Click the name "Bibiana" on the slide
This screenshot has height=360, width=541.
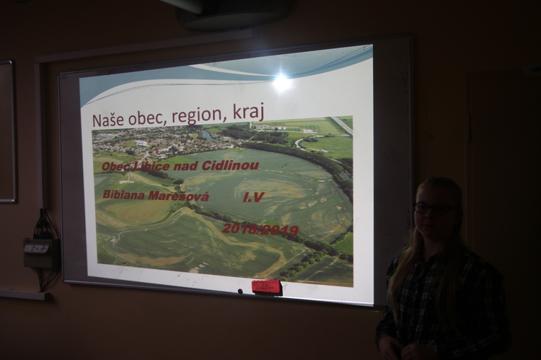[123, 195]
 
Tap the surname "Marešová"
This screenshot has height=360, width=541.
[178, 196]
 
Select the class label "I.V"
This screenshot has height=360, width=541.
[253, 198]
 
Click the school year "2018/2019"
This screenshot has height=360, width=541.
[260, 229]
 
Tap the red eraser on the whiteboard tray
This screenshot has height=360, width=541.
[267, 287]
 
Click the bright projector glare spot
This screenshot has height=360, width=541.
[281, 82]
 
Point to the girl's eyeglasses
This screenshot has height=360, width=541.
[434, 208]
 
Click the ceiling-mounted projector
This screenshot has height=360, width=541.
[234, 14]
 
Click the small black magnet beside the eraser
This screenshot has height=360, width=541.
[240, 291]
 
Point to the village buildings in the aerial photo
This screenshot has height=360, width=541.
[151, 141]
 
